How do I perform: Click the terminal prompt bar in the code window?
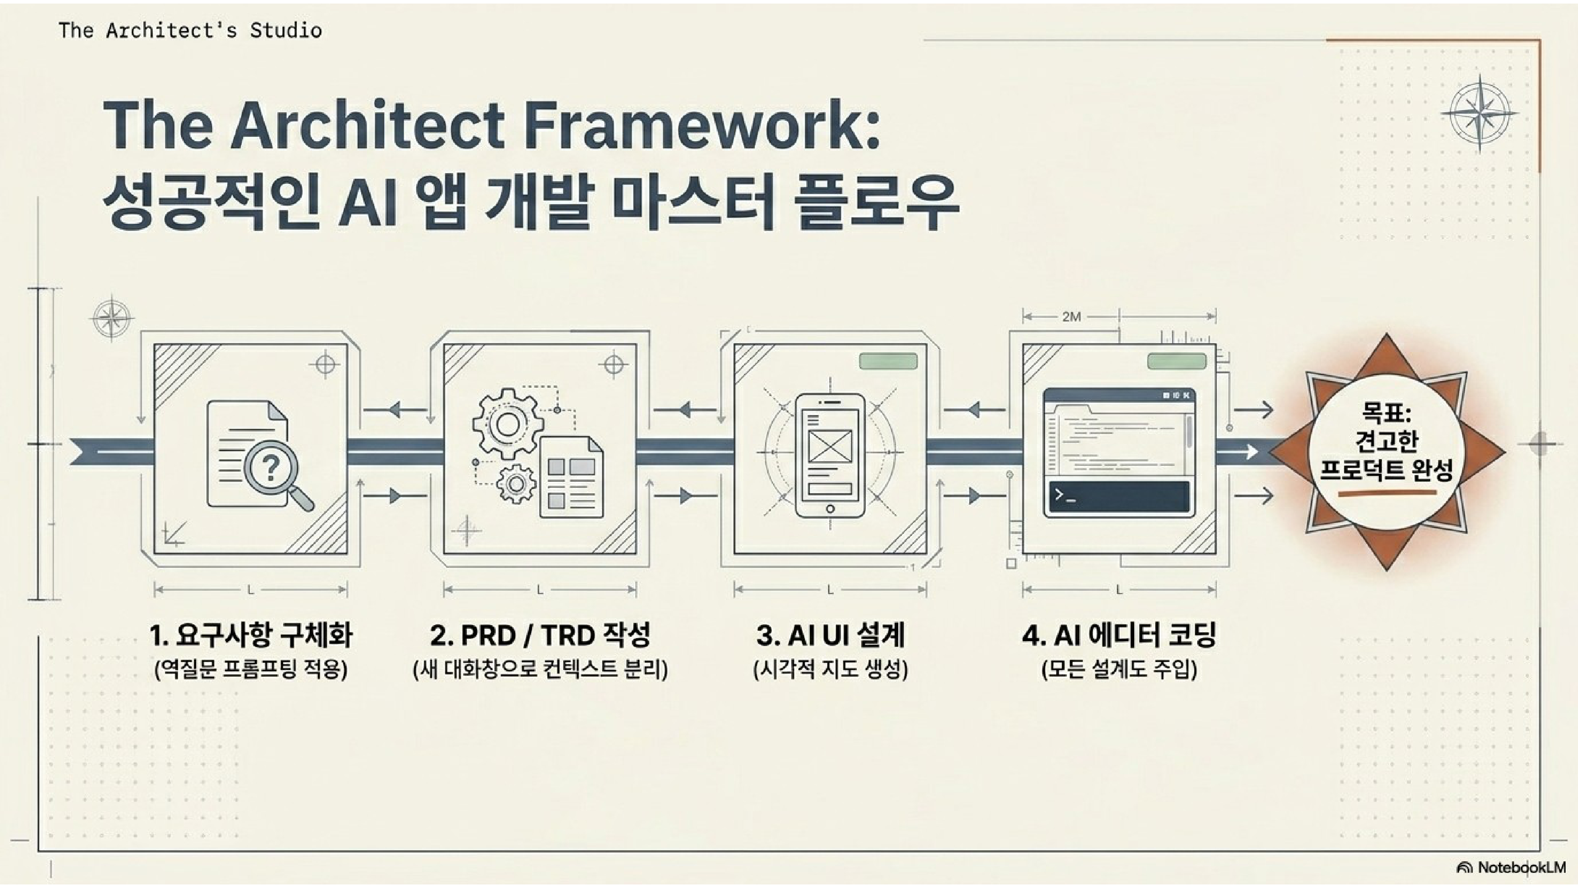click(x=1119, y=496)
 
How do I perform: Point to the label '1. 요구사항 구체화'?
click(x=251, y=635)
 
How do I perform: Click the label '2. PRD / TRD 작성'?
click(x=540, y=635)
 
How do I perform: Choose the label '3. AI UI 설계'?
click(x=830, y=635)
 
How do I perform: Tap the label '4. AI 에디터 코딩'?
click(x=1119, y=635)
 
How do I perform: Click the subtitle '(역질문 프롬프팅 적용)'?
click(x=251, y=669)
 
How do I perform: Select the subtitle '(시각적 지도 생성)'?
click(x=830, y=669)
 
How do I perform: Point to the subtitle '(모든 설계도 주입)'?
click(x=1119, y=669)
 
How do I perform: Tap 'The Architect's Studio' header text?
click(x=190, y=30)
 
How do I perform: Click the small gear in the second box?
click(x=516, y=484)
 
